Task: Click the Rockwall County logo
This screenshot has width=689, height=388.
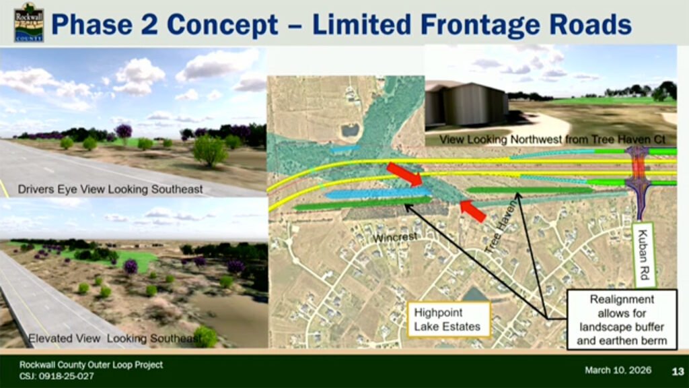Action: click(x=28, y=22)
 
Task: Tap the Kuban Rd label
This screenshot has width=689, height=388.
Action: click(x=644, y=255)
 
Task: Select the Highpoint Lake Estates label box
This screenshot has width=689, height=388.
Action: click(x=449, y=319)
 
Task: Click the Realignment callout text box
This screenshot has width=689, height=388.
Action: click(x=622, y=320)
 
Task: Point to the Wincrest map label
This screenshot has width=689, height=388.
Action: click(x=395, y=238)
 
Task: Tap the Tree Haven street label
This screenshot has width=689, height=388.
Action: click(x=500, y=228)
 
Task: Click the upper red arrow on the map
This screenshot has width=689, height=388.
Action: click(x=404, y=174)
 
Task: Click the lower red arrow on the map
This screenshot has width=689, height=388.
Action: click(x=473, y=211)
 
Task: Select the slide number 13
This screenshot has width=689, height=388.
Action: click(x=678, y=371)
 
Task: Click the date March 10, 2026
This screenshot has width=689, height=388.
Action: click(x=618, y=370)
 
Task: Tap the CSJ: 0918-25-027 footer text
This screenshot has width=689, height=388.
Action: click(x=57, y=376)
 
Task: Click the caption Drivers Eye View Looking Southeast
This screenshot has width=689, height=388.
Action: click(x=110, y=189)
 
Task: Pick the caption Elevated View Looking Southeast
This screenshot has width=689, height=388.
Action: click(x=115, y=338)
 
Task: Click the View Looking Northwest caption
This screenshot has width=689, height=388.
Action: click(x=552, y=139)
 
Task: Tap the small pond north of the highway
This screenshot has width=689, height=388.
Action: click(x=351, y=130)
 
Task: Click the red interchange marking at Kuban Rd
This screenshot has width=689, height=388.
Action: click(x=639, y=168)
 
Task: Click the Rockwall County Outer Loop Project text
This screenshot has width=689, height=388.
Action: click(x=91, y=364)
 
